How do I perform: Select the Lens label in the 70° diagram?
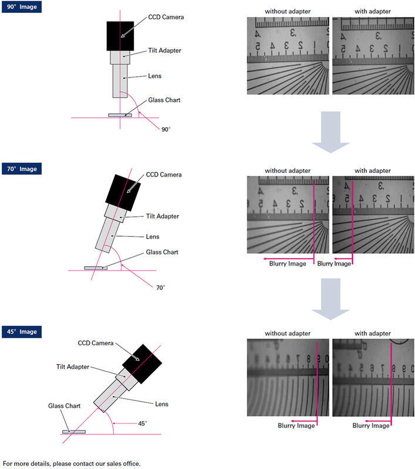coord(153,236)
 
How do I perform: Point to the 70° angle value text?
coord(161,288)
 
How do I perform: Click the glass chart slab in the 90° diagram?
coord(120,115)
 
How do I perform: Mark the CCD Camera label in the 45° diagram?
coord(97,343)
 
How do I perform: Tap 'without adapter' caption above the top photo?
coord(288,11)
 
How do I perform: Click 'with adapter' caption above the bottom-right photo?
coord(373,333)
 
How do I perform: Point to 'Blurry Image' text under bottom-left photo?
coord(296,426)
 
